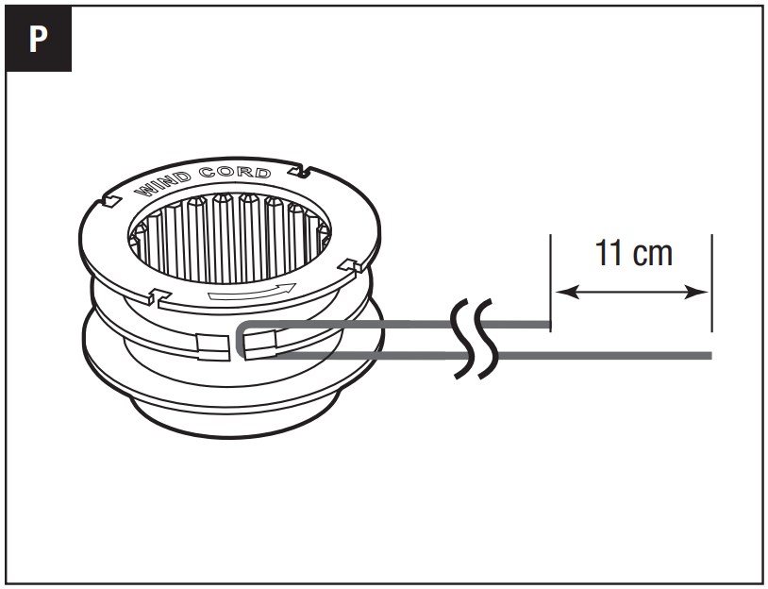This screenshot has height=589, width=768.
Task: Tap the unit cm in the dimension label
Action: pos(654,254)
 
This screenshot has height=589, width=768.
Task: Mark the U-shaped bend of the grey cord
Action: pos(242,339)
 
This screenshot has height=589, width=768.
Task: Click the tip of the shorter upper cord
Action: pos(547,327)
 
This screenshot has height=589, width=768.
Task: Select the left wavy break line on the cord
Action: pos(460,339)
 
